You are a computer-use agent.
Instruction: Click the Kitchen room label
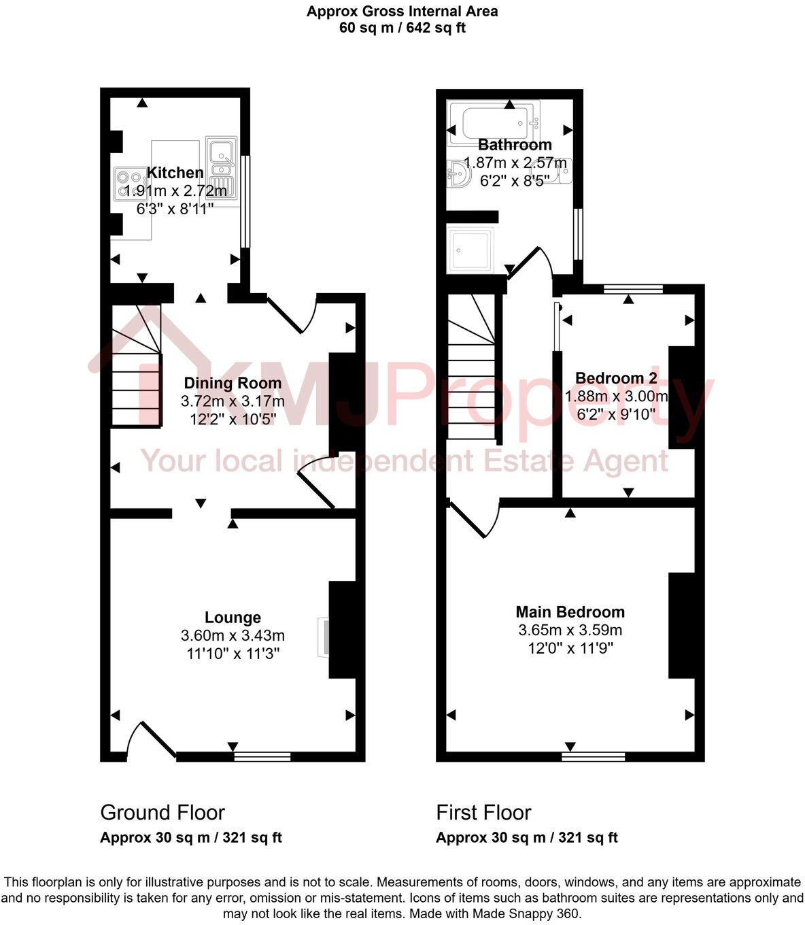[175, 173]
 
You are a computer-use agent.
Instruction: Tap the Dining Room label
[233, 383]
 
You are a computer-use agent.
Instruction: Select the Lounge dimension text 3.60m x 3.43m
[233, 635]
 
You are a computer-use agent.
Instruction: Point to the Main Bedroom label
[570, 611]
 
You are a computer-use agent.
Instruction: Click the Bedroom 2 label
[616, 378]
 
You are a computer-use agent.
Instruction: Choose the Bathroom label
[515, 145]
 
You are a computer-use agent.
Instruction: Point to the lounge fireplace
[324, 637]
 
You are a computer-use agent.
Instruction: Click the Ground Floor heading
[162, 812]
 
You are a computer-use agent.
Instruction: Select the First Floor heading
[483, 812]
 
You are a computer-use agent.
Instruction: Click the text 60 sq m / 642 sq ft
[402, 28]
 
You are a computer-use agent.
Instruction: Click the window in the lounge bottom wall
[262, 756]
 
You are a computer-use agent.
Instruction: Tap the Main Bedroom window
[593, 756]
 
